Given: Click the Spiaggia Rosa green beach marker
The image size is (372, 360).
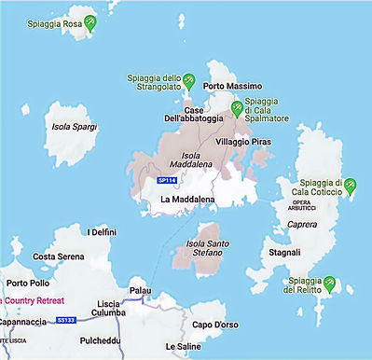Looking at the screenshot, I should (x=90, y=22).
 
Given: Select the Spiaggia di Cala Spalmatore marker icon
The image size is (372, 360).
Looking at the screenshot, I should (x=237, y=108).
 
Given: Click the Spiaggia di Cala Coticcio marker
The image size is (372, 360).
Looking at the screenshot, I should (x=351, y=186).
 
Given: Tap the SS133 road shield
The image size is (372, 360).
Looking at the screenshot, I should (x=64, y=319).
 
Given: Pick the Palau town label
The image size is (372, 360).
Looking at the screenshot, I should (x=140, y=290).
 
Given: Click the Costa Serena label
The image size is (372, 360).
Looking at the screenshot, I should (x=59, y=256).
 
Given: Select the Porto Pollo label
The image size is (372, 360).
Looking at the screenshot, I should (x=28, y=283).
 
